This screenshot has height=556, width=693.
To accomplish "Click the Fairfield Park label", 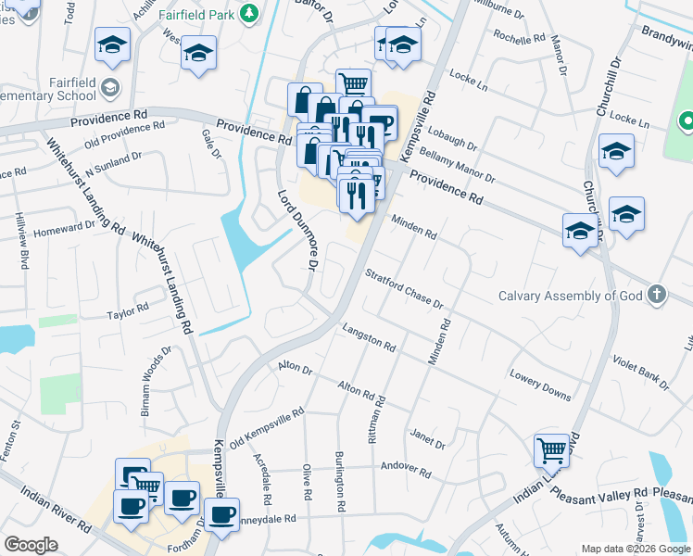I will tap(195, 14).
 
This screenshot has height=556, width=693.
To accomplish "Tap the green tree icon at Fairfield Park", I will tap(248, 13).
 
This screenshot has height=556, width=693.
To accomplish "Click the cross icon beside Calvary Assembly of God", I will tap(656, 295).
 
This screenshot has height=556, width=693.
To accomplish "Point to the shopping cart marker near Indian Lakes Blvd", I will tap(551, 451).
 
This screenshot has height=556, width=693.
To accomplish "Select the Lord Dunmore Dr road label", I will tap(298, 230).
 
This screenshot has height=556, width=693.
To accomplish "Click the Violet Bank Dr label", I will tap(640, 372).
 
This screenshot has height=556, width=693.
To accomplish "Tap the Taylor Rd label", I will tap(128, 311).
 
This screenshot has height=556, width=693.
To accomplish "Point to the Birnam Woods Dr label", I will tap(156, 382).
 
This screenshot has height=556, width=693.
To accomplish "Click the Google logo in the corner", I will tap(31, 545).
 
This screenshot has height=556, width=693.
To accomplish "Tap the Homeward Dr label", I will tap(65, 229).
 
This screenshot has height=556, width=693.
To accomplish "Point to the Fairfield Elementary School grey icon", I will tap(110, 88).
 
